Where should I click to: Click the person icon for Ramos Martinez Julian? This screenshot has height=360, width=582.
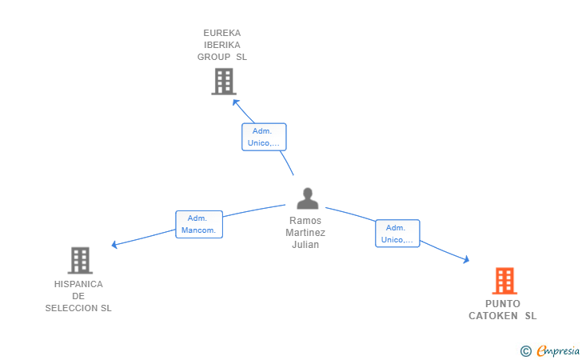pyautogui.click(x=307, y=198)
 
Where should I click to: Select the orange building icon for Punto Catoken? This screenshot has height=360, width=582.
pyautogui.click(x=504, y=281)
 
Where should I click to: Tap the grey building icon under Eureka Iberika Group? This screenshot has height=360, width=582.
pyautogui.click(x=224, y=82)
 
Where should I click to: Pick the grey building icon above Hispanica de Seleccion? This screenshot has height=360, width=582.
pyautogui.click(x=80, y=260)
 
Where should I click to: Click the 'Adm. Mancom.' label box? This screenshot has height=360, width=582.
pyautogui.click(x=199, y=224)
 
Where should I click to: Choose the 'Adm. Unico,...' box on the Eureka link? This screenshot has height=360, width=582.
pyautogui.click(x=264, y=137)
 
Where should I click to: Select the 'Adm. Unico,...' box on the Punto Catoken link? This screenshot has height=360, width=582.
pyautogui.click(x=397, y=234)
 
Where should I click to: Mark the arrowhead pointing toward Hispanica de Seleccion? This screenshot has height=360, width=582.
pyautogui.click(x=115, y=244)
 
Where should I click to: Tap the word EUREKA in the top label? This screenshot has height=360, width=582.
pyautogui.click(x=222, y=33)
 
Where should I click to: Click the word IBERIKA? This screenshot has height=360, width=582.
pyautogui.click(x=222, y=45)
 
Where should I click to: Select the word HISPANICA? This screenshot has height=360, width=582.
pyautogui.click(x=78, y=284)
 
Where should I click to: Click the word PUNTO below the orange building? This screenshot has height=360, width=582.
pyautogui.click(x=502, y=304)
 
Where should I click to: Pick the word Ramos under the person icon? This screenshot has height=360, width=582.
pyautogui.click(x=305, y=221)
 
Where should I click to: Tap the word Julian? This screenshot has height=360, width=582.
pyautogui.click(x=305, y=245)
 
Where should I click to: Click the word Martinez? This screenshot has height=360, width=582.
pyautogui.click(x=305, y=233)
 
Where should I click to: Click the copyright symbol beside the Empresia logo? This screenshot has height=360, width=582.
pyautogui.click(x=525, y=350)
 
